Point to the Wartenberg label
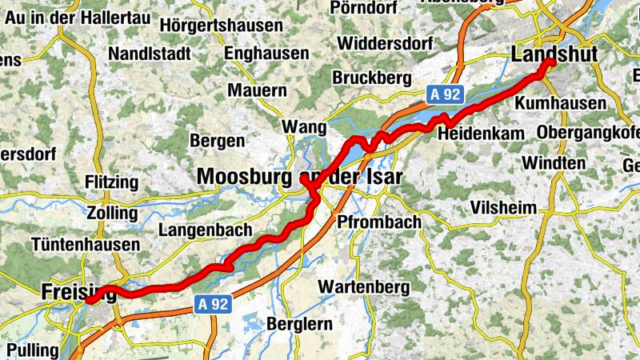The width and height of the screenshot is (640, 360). [363, 286]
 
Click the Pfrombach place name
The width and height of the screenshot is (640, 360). [379, 221]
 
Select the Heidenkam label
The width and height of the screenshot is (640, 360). [480, 134]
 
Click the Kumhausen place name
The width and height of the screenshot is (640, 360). [561, 104]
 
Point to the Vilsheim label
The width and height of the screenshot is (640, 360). [504, 208]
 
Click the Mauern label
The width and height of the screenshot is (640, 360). [257, 90]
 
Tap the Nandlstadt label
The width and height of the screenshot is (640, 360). [153, 54]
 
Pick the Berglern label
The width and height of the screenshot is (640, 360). [298, 324]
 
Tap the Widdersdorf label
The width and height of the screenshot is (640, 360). [390, 42]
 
